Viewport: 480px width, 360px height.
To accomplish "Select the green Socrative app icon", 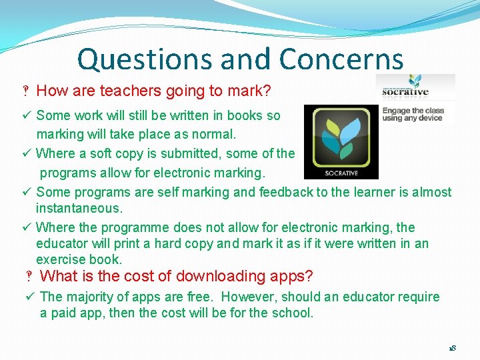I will (x=341, y=141).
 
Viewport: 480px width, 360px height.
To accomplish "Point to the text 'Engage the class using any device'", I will (x=412, y=114).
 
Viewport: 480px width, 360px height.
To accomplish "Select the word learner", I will (x=352, y=192).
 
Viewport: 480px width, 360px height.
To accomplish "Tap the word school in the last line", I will (x=291, y=313).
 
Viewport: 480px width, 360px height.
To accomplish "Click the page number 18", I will (x=451, y=349).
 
